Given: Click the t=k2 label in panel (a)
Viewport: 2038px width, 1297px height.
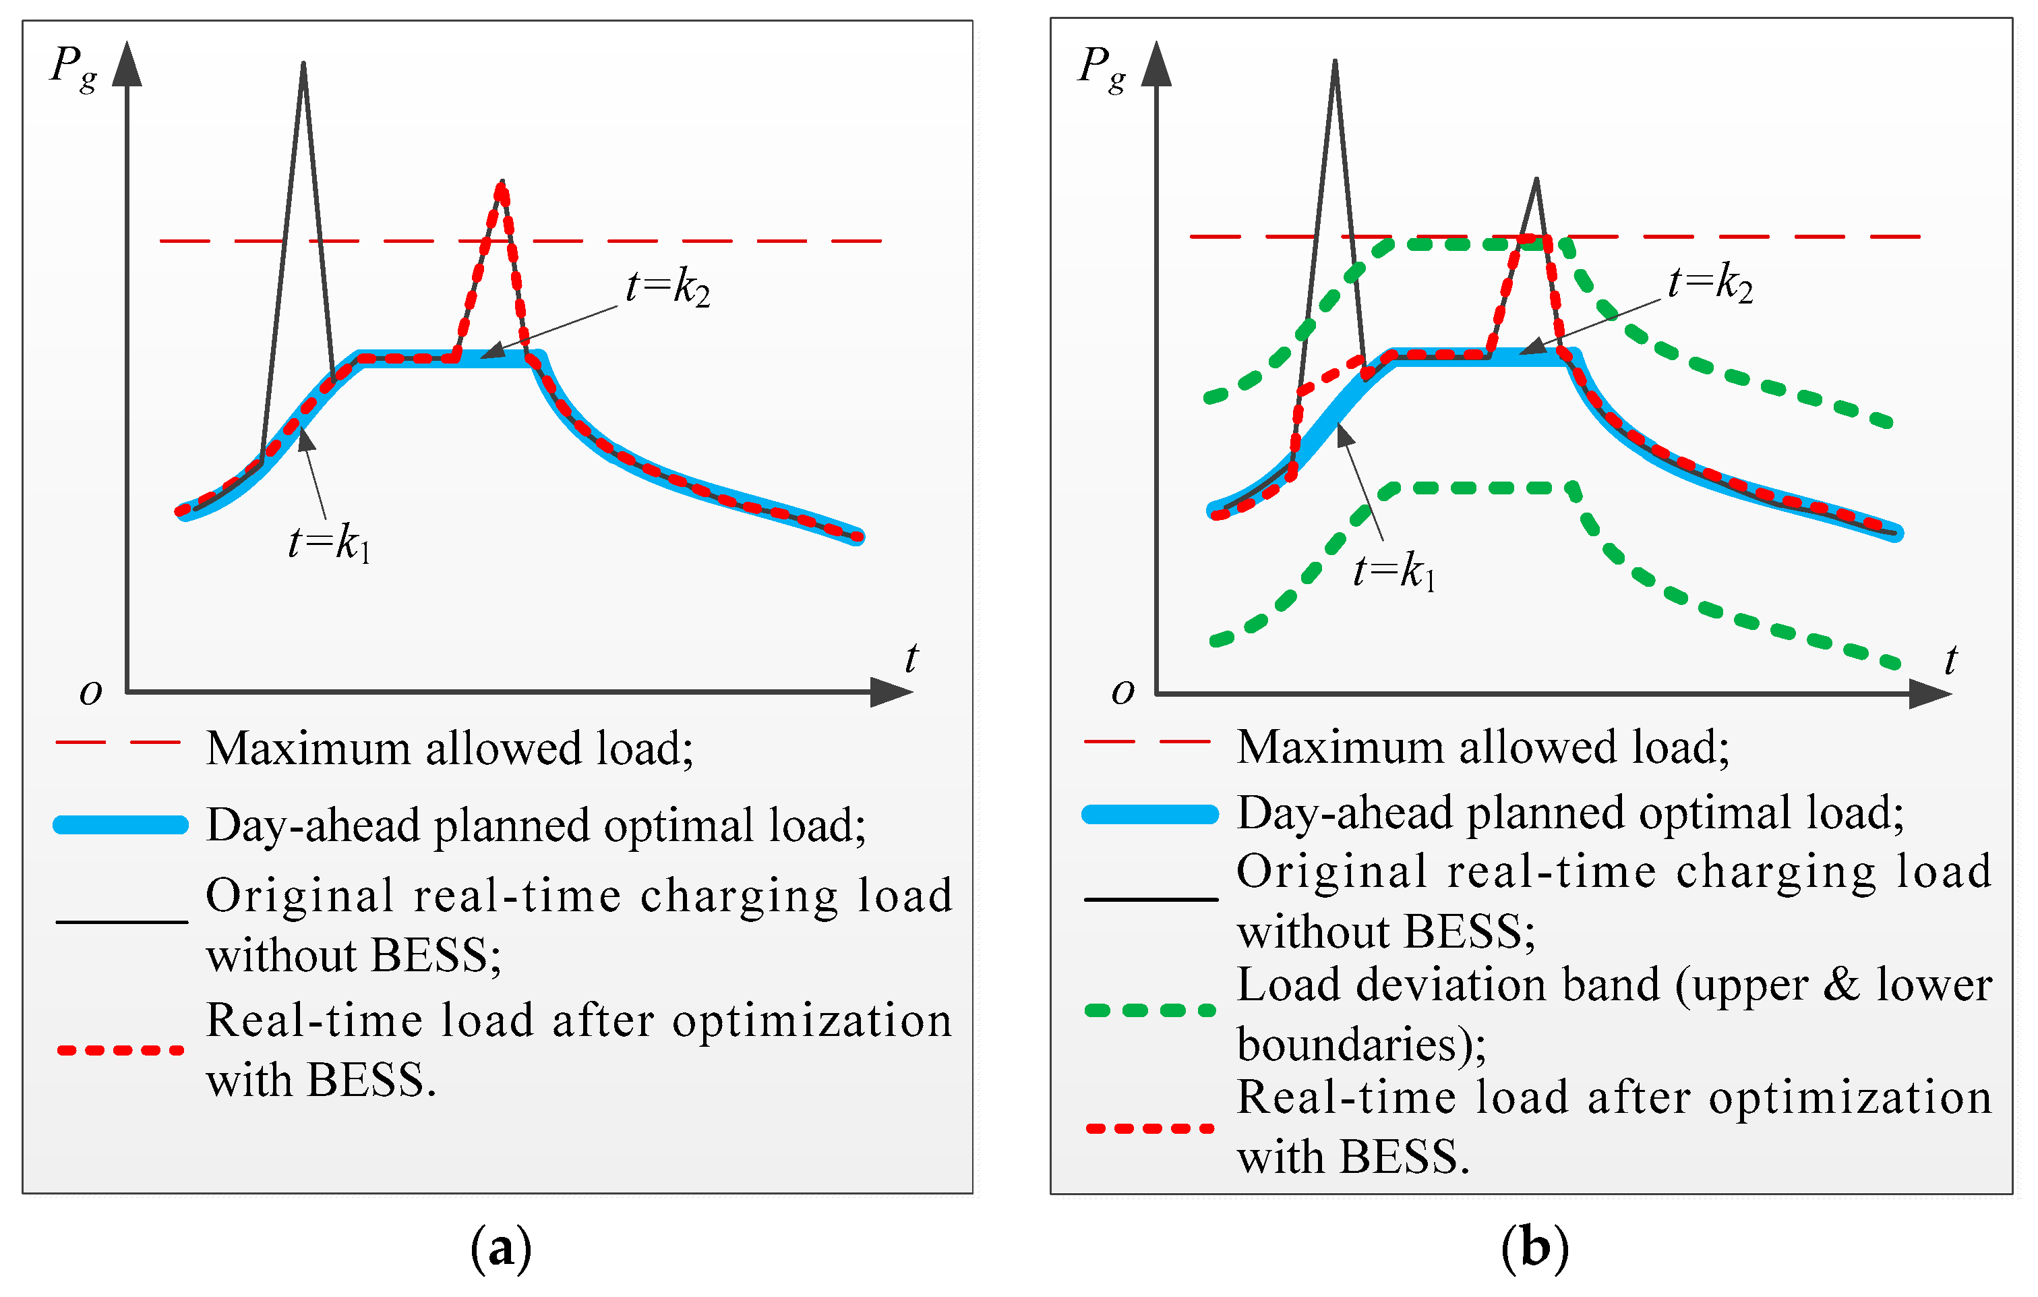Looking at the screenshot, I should coord(668,288).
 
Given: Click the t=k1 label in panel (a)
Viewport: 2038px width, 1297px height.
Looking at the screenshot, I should coord(329,543).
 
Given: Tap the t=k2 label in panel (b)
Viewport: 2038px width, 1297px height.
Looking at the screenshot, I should coord(1710,283).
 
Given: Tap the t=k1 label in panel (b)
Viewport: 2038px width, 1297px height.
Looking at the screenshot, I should coord(1394,571).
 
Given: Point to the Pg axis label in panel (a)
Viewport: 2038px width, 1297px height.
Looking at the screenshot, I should coord(73,67).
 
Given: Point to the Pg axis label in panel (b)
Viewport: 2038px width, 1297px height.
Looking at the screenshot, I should coord(1102,67).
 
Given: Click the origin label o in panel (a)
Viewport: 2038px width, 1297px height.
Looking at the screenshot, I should coord(90,693).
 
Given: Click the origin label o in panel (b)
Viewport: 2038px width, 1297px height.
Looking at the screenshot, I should coord(1122,692).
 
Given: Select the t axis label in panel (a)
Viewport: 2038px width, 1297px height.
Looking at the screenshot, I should coord(911,658).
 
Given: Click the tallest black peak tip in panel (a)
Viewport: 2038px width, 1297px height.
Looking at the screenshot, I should coord(303,64).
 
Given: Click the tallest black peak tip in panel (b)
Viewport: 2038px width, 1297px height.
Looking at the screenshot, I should coord(1335,63).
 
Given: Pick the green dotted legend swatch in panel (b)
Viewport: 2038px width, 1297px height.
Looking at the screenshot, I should coord(1150,1010).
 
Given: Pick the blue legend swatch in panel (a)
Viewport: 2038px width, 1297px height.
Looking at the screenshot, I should coord(120,825).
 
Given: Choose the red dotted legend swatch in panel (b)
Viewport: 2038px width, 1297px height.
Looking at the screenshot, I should coord(1150,1128).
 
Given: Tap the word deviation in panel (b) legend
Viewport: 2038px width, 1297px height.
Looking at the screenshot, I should coord(1448,985).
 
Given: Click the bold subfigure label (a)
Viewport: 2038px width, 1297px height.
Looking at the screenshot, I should coord(501,1248).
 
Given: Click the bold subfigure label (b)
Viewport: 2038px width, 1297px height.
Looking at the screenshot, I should coord(1534,1248).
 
